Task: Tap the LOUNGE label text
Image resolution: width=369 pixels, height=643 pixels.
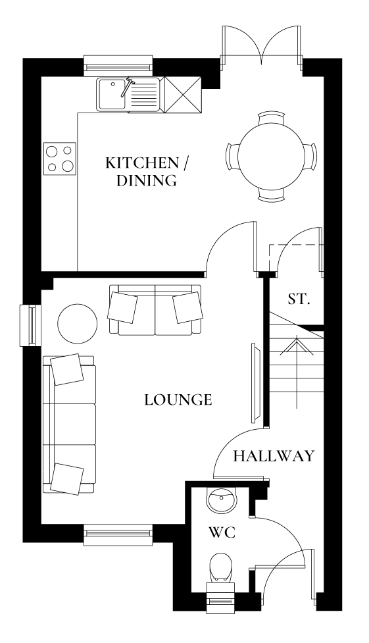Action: [178, 399]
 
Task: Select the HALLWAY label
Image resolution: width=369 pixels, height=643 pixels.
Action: [274, 456]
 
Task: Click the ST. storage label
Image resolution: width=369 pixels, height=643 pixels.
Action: [298, 299]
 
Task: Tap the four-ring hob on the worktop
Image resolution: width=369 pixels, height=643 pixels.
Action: [59, 158]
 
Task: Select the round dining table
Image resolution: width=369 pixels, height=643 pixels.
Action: [271, 156]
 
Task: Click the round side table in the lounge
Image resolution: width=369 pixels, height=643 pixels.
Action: [78, 323]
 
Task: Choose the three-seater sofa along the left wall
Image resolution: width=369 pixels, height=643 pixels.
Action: [69, 423]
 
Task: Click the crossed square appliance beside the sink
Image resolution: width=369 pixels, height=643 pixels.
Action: [183, 94]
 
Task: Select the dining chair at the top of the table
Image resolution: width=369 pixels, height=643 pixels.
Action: [271, 118]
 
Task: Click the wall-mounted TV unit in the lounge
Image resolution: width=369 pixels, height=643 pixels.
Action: [255, 383]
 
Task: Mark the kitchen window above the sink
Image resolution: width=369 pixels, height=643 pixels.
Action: [118, 66]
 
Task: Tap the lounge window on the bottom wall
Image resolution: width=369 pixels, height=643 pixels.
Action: [118, 535]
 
